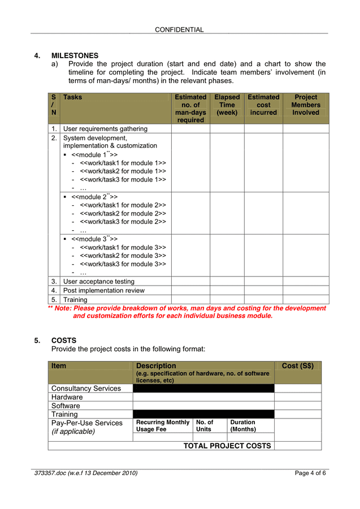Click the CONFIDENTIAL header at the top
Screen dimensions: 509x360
pyautogui.click(x=179, y=29)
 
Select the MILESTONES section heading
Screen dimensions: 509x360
pyautogui.click(x=75, y=55)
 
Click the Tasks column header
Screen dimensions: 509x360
pyautogui.click(x=72, y=97)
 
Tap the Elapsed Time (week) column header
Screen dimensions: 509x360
pyautogui.click(x=227, y=105)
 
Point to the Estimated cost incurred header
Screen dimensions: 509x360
pyautogui.click(x=263, y=105)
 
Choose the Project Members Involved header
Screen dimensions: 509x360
pyautogui.click(x=306, y=105)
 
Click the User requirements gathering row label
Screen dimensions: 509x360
pyautogui.click(x=105, y=129)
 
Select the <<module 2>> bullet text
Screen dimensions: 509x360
pyautogui.click(x=94, y=197)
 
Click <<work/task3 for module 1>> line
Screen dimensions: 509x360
pyautogui.click(x=123, y=179)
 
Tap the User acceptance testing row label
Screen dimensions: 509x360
pyautogui.click(x=99, y=282)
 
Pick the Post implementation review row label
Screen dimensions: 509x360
pyautogui.click(x=104, y=291)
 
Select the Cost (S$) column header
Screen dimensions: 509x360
pyautogui.click(x=297, y=366)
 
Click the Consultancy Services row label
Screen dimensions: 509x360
pyautogui.click(x=86, y=389)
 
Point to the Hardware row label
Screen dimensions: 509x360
pyautogui.click(x=67, y=397)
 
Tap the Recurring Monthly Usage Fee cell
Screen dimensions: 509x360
pyautogui.click(x=163, y=426)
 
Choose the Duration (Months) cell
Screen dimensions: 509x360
pyautogui.click(x=243, y=426)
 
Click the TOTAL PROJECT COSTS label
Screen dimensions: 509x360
pyautogui.click(x=227, y=446)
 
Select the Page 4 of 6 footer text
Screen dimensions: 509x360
pyautogui.click(x=310, y=473)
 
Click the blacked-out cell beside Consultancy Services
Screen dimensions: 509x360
pyautogui.click(x=203, y=389)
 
